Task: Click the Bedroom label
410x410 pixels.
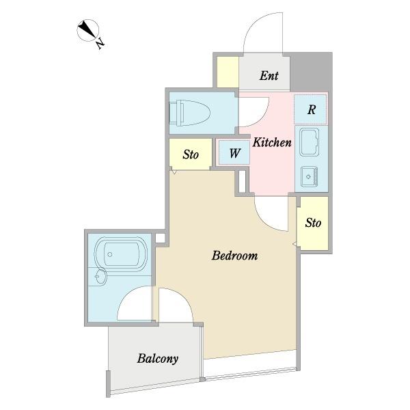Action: [234, 256]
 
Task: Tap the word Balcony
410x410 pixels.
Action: [158, 359]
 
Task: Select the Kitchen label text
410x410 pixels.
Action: [272, 143]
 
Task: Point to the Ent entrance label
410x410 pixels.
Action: [269, 76]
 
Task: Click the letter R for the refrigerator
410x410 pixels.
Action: [311, 109]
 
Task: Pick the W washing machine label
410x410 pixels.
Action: [234, 153]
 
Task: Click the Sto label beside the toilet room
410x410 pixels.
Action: [191, 154]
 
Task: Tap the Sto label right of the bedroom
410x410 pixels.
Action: [313, 223]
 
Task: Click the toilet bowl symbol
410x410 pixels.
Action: [190, 113]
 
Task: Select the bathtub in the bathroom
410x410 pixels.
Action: [120, 253]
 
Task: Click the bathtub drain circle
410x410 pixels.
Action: [110, 254]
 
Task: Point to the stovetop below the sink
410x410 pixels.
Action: [309, 177]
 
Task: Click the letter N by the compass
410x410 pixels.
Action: [100, 44]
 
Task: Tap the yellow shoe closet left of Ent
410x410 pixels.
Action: [228, 72]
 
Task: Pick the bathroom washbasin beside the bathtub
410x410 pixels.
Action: [100, 276]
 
